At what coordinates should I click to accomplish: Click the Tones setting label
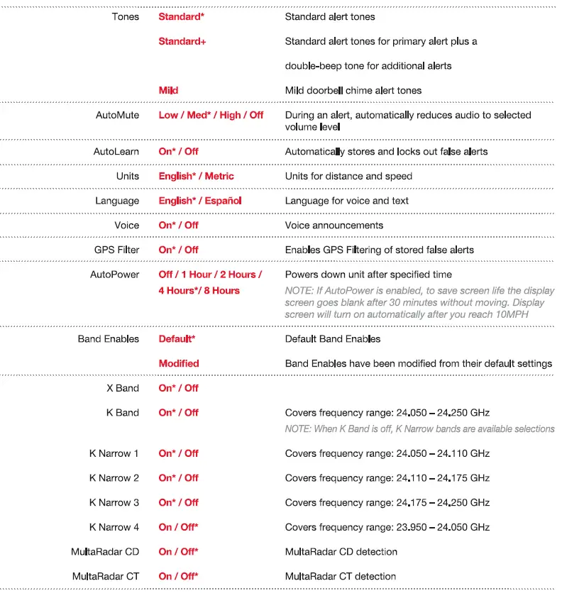click(126, 16)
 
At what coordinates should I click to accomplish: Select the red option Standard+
click(182, 41)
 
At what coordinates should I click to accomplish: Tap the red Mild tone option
click(168, 90)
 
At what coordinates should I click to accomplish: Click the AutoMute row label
click(117, 115)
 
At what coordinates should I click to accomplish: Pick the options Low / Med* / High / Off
click(211, 115)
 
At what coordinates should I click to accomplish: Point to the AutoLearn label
click(116, 151)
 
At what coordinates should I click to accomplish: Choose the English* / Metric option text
click(196, 176)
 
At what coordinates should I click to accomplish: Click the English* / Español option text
click(200, 201)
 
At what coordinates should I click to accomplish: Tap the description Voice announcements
click(334, 225)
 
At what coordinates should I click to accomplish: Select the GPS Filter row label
click(116, 250)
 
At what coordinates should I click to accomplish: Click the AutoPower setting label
click(114, 275)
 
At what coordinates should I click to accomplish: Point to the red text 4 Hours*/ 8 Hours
click(199, 290)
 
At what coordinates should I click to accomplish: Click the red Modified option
click(179, 363)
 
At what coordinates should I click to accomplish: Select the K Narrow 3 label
click(114, 502)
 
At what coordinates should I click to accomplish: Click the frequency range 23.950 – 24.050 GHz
click(387, 527)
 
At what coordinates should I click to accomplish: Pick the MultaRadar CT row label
click(106, 576)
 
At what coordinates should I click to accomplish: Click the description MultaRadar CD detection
click(341, 551)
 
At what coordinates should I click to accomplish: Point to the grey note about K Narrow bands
click(419, 428)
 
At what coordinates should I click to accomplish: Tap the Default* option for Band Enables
click(177, 338)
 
